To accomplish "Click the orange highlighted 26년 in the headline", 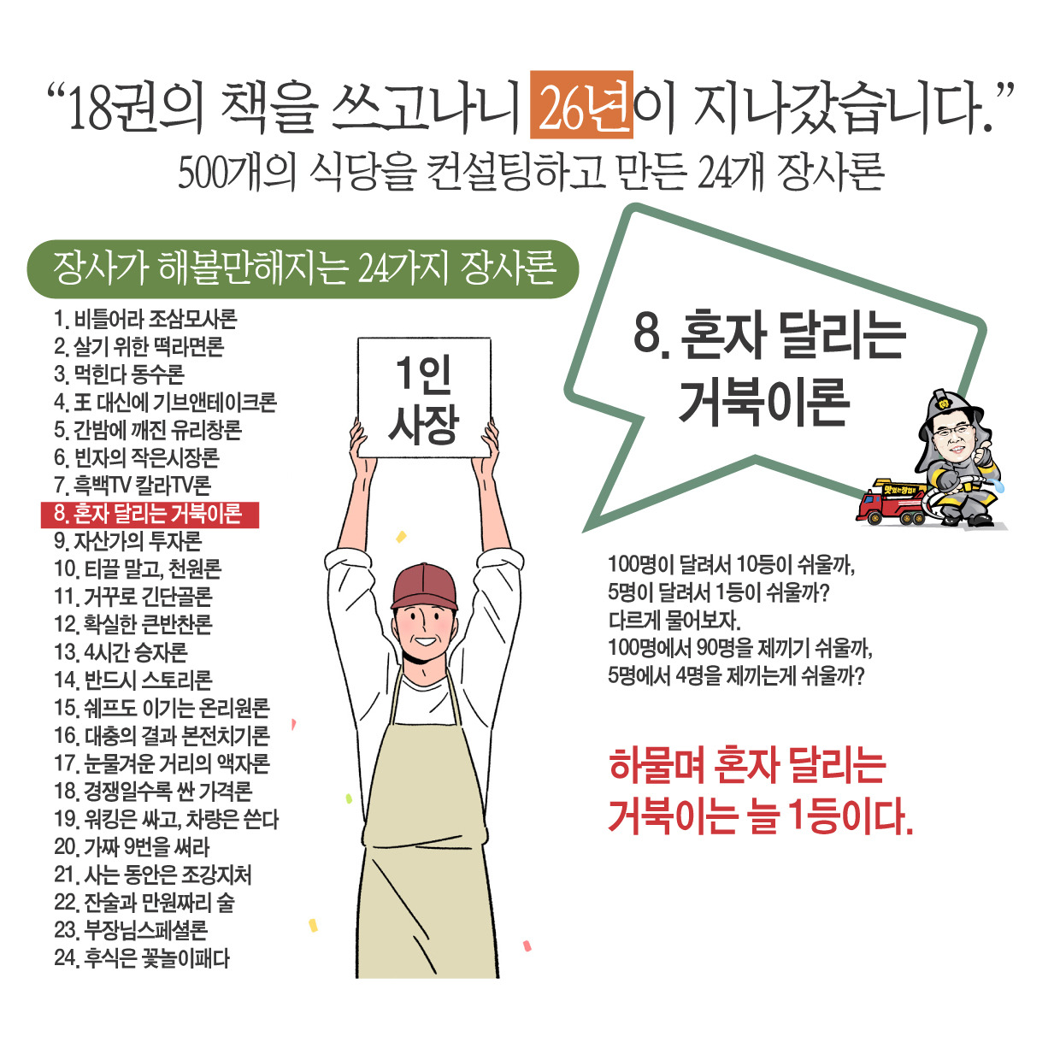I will click(581, 105).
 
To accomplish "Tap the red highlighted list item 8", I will click(150, 514).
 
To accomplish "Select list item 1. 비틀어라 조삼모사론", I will click(145, 320).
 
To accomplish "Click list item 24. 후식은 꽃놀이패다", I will click(142, 958).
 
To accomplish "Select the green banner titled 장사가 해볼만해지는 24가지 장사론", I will click(303, 268).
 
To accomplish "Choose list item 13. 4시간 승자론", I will click(121, 652).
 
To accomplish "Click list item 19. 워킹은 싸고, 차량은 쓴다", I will click(167, 819).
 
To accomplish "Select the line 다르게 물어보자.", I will click(674, 620).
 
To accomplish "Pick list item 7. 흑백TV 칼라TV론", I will click(132, 486).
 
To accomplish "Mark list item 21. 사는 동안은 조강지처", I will click(153, 874).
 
